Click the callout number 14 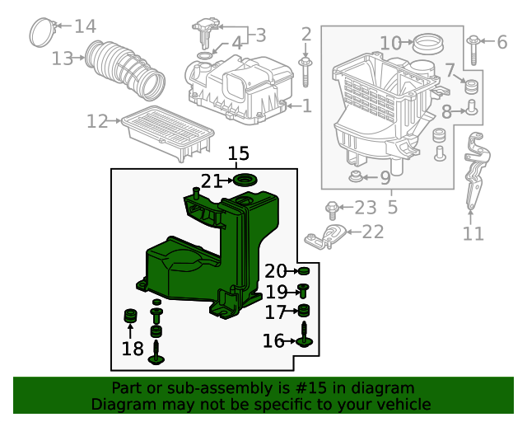pyautogui.click(x=85, y=26)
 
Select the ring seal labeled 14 pyautogui.click(x=41, y=32)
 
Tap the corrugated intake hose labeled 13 pyautogui.click(x=128, y=68)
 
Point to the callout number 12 pyautogui.click(x=97, y=122)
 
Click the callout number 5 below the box pyautogui.click(x=392, y=206)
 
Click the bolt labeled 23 pyautogui.click(x=332, y=207)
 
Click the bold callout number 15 pyautogui.click(x=238, y=153)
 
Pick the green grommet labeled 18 pyautogui.click(x=129, y=316)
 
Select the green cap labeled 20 pyautogui.click(x=303, y=271)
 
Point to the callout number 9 pyautogui.click(x=385, y=177)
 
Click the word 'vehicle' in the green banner pyautogui.click(x=402, y=405)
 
